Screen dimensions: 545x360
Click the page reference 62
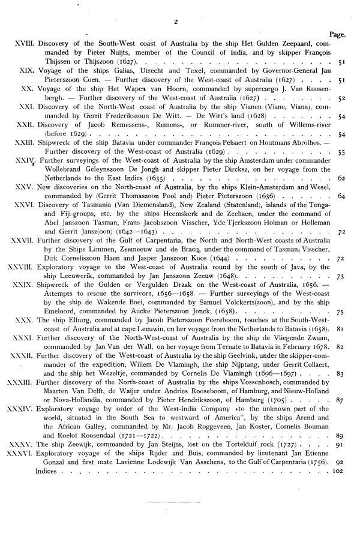coord(341,179)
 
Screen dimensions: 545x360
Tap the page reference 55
coord(341,154)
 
